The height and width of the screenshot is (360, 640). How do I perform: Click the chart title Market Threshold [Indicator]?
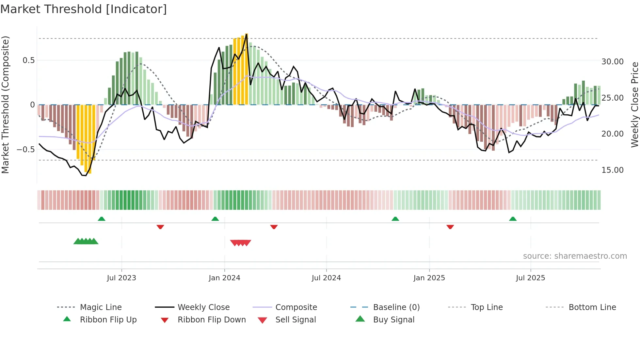(84, 9)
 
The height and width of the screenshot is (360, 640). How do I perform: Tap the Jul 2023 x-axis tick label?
(121, 278)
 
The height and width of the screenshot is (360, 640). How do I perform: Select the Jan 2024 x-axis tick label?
(224, 278)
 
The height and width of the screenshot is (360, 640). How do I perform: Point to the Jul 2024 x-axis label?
(326, 278)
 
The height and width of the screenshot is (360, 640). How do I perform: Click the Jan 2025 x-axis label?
(429, 278)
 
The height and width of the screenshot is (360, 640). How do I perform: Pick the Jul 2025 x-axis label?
(530, 278)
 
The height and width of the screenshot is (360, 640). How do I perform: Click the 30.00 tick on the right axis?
(612, 62)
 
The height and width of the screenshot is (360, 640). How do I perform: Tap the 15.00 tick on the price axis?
(612, 170)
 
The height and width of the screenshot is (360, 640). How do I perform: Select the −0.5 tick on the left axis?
(25, 150)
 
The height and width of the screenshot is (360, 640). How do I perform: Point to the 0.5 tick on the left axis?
(28, 60)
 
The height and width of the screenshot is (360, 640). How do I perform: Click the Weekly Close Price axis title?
(634, 105)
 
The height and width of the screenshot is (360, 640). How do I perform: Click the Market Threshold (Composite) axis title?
(5, 105)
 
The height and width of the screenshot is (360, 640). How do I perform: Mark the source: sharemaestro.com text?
(575, 256)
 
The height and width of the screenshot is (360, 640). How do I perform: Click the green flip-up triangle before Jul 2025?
(513, 219)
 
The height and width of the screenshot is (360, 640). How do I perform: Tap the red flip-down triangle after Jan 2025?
(450, 227)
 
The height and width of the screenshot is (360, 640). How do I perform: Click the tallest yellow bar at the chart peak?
(247, 69)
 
